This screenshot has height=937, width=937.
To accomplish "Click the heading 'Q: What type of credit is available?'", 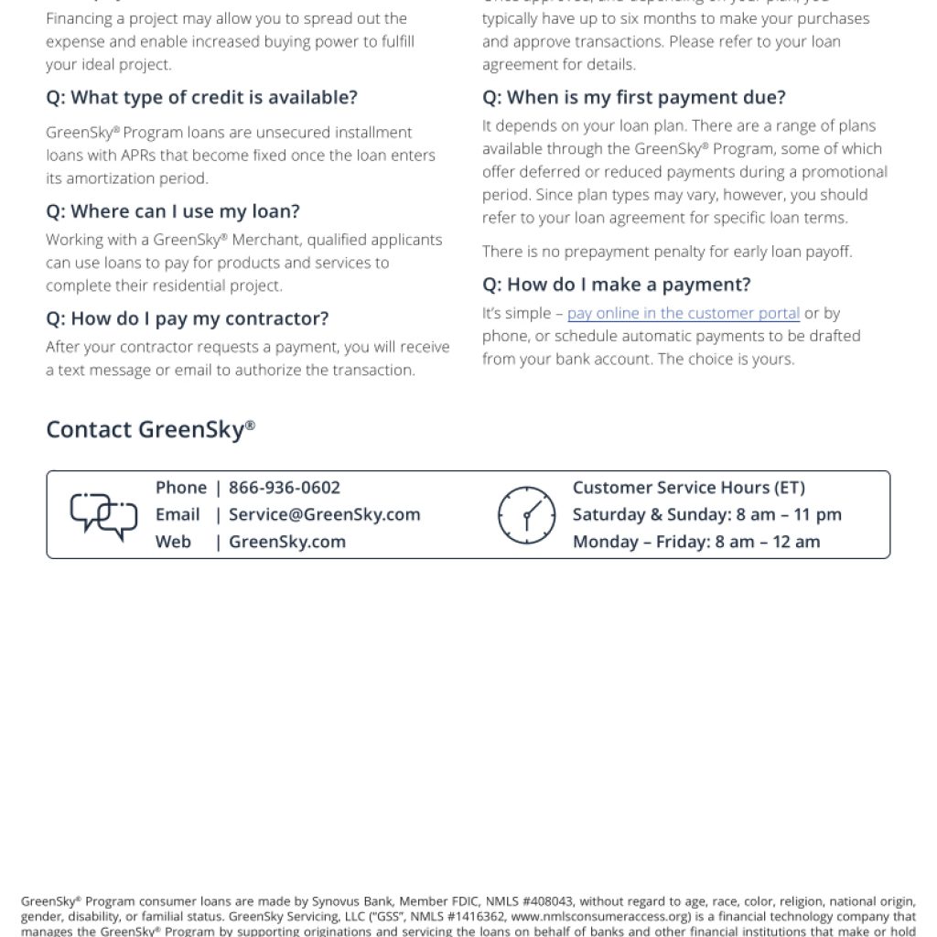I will pos(201,98).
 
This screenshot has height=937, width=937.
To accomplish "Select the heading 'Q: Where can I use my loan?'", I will pos(173,211).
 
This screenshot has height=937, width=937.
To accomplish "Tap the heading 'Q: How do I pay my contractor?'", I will pos(187,318).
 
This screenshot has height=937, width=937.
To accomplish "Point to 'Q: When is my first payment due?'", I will pos(633,98).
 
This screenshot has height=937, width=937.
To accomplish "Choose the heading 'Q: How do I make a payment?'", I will pos(616,285).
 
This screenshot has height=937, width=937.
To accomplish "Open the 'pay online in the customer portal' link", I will pos(683,313).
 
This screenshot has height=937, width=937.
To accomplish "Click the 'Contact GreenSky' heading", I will pos(150,429).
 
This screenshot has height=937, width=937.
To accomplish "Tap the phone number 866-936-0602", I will pos(284,488).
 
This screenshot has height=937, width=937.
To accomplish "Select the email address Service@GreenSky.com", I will pos(324,514).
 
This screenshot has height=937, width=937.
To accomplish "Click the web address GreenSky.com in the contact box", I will pos(286,542).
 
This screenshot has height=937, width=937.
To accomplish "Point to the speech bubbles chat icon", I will pos(103,516).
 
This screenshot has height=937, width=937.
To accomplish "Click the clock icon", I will pos(526,515).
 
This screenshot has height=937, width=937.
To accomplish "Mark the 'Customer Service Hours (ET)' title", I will pos(688,488).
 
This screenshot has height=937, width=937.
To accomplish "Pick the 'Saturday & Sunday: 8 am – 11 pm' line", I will pos(706,514).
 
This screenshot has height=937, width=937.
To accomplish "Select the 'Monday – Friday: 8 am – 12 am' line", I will pos(695,542).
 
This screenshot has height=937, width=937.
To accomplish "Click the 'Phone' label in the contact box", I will pos(181,488).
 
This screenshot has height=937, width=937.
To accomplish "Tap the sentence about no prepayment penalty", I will pos(667,252).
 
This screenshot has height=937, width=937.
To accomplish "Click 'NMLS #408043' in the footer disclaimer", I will pos(529,901).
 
